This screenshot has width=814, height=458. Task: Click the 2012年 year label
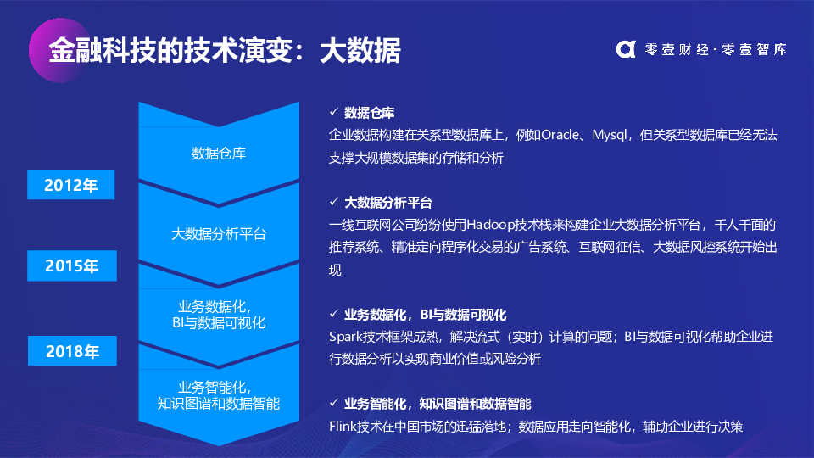tap(70, 184)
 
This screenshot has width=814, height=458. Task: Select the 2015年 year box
tap(71, 265)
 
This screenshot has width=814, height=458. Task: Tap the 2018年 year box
tap(72, 351)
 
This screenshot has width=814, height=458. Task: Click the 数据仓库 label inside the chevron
tap(219, 154)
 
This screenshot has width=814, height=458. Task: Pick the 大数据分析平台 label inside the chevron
tap(219, 234)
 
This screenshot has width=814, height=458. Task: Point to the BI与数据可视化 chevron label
tap(219, 323)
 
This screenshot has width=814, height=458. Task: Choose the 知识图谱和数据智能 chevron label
tap(219, 404)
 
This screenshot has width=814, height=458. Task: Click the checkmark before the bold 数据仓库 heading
tap(334, 112)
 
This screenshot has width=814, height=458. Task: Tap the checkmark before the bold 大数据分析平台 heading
tap(334, 202)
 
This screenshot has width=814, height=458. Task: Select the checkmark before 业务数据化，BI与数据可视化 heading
tap(334, 314)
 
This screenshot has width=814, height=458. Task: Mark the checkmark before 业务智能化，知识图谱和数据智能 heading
tap(334, 402)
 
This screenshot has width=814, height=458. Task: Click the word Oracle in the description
tap(560, 135)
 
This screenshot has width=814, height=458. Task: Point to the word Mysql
tap(610, 136)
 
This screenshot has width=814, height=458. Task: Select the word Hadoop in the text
tap(490, 225)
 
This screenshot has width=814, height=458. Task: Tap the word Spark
tap(345, 337)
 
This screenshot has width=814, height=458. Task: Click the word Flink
tap(342, 427)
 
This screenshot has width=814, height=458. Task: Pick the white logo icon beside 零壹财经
tap(626, 49)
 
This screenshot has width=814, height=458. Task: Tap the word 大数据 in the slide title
tap(360, 50)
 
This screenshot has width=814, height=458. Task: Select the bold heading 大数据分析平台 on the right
tap(388, 202)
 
